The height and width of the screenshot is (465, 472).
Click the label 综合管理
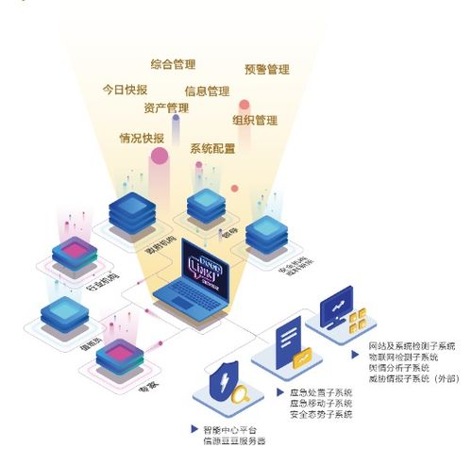coord(173,65)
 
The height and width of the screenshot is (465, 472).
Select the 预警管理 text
coord(266,69)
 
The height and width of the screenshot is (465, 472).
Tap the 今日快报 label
coord(125,90)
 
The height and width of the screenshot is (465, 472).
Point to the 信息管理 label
coord(207,91)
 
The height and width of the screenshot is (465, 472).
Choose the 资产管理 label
coord(166,108)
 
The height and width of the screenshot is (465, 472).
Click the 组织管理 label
coord(254,121)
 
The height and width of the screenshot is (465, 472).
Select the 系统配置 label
coord(212,149)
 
